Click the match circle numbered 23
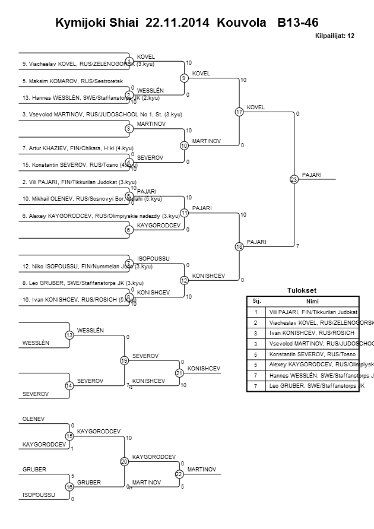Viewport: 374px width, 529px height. pyautogui.click(x=294, y=179)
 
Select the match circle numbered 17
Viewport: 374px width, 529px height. pyautogui.click(x=239, y=112)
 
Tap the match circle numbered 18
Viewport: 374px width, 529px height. pyautogui.click(x=239, y=246)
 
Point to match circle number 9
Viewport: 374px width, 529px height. pyautogui.click(x=184, y=78)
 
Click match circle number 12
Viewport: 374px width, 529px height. pyautogui.click(x=184, y=280)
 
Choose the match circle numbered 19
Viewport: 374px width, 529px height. pyautogui.click(x=124, y=360)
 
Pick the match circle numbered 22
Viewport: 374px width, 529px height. pyautogui.click(x=179, y=474)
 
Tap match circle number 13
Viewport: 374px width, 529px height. pyautogui.click(x=69, y=335)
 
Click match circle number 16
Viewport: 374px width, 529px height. pyautogui.click(x=69, y=487)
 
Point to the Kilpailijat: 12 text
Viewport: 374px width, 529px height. pyautogui.click(x=334, y=36)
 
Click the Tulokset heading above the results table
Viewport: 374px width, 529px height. pyautogui.click(x=302, y=290)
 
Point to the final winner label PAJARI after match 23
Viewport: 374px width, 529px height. pyautogui.click(x=312, y=175)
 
